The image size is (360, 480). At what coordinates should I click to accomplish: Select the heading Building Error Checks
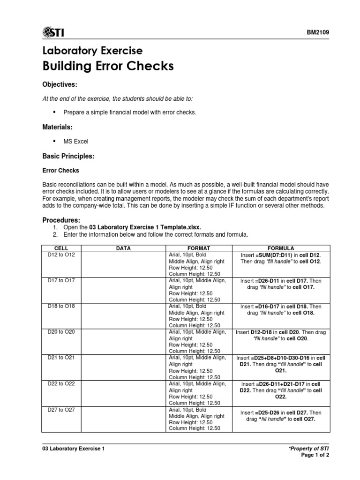click(108, 66)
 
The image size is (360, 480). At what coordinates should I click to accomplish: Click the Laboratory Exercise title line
click(93, 50)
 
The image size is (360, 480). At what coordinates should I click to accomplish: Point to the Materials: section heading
click(58, 127)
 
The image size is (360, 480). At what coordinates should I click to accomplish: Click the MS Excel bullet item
click(75, 141)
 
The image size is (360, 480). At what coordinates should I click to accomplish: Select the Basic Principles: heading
click(69, 156)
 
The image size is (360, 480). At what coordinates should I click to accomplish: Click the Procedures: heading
click(61, 220)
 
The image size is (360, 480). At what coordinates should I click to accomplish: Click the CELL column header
click(61, 248)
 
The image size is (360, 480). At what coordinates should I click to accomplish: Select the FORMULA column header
click(281, 248)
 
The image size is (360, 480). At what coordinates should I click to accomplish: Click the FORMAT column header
click(199, 248)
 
